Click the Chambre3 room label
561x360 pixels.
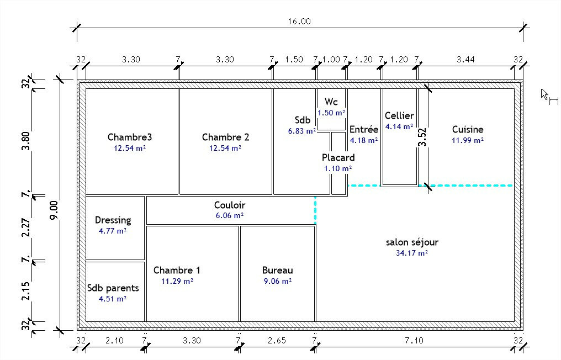[x=130, y=137]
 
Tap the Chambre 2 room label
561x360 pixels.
[x=225, y=137]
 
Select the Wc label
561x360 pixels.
[x=331, y=102]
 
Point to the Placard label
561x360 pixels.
[x=338, y=157]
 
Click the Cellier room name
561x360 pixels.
[x=399, y=115]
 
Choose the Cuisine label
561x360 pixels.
[x=467, y=129]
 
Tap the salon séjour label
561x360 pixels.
[x=412, y=242]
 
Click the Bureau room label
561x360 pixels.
[x=277, y=270]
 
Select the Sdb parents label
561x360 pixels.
[x=113, y=288]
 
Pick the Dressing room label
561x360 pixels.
[x=113, y=220]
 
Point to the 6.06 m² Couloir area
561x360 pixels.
[x=230, y=216]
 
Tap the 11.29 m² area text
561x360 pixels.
[x=177, y=281]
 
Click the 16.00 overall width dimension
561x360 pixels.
[x=299, y=22]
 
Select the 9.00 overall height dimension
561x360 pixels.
[x=53, y=210]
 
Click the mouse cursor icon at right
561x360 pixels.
[x=546, y=95]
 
